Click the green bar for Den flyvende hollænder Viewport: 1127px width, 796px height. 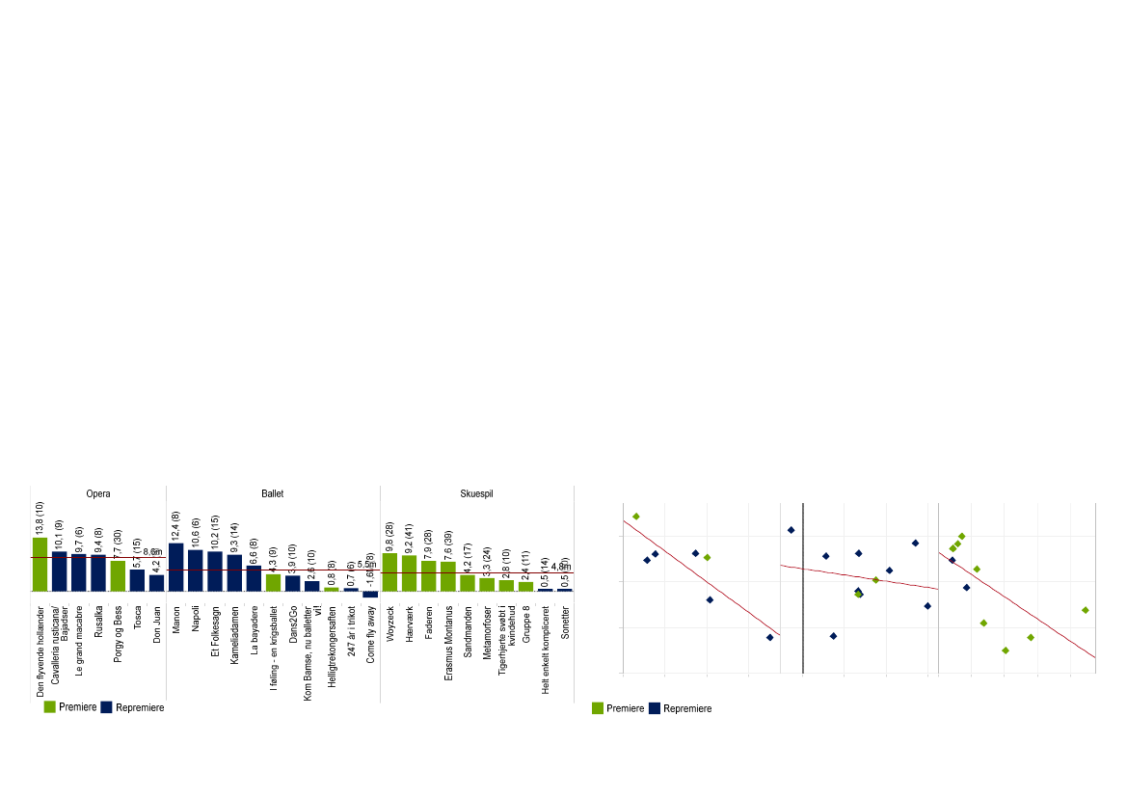(40, 564)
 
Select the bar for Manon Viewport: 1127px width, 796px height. (175, 567)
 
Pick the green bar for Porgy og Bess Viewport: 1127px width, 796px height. (118, 575)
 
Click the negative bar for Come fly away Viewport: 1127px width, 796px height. (370, 595)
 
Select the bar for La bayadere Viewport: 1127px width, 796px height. (254, 578)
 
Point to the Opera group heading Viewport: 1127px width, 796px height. (98, 494)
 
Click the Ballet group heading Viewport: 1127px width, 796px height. (273, 494)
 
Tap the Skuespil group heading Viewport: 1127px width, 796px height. (476, 494)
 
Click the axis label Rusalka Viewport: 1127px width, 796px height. (98, 624)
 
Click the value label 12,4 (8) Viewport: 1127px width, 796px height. (176, 524)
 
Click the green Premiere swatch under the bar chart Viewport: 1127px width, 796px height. (49, 706)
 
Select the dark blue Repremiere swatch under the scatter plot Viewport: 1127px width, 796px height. (655, 708)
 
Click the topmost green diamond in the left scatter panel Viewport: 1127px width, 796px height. (635, 517)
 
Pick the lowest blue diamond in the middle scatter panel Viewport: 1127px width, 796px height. (833, 636)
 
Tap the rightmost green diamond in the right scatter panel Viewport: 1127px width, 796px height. (1085, 610)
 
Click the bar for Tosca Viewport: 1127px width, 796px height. (137, 580)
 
